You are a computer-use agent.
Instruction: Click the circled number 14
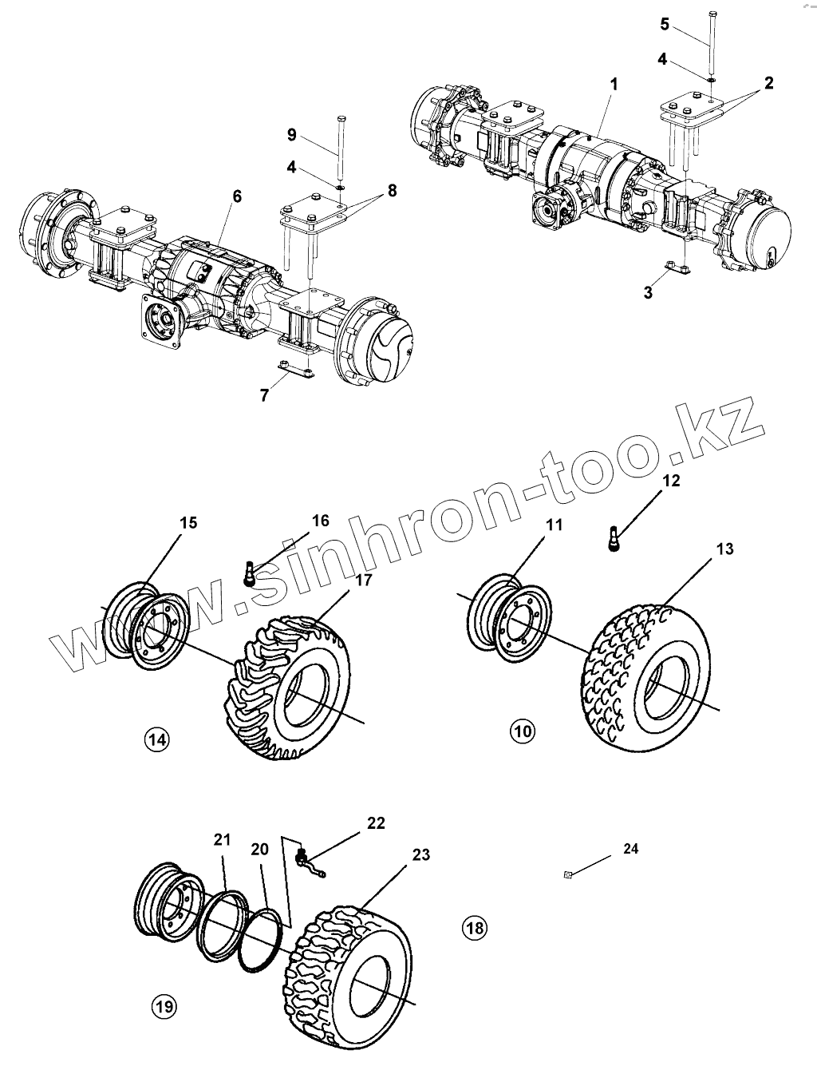point(157,739)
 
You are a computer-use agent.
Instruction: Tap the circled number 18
point(474,927)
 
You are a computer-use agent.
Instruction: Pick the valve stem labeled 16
point(250,573)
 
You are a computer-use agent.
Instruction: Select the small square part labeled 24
point(567,875)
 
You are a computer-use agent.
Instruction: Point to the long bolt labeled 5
point(712,40)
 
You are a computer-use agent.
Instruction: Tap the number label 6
point(237,196)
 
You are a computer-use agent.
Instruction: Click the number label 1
point(614,84)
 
